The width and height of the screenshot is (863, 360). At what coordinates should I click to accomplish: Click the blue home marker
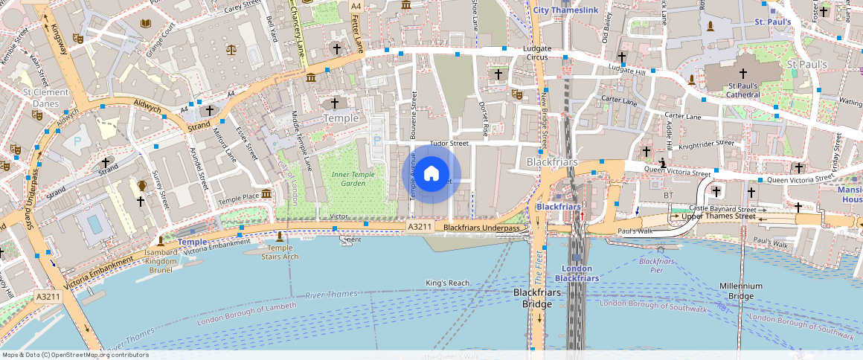pyautogui.click(x=431, y=174)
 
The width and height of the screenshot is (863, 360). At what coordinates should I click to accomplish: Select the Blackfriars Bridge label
pyautogui.click(x=536, y=298)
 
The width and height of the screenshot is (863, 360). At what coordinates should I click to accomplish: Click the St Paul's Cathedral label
pyautogui.click(x=742, y=90)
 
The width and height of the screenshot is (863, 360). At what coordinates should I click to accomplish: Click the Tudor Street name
pyautogui.click(x=449, y=143)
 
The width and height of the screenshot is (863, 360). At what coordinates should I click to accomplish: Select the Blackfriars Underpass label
pyautogui.click(x=481, y=228)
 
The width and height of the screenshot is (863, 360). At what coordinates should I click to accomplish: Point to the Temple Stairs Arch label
pyautogui.click(x=280, y=252)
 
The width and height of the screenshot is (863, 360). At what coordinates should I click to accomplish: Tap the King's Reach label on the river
pyautogui.click(x=448, y=283)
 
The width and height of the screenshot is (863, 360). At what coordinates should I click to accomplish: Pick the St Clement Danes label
pyautogui.click(x=45, y=97)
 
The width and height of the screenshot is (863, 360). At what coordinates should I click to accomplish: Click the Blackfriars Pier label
pyautogui.click(x=656, y=266)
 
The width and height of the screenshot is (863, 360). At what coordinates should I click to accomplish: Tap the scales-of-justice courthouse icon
pyautogui.click(x=231, y=50)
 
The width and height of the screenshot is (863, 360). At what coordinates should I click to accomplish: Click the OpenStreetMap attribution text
pyautogui.click(x=74, y=355)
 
